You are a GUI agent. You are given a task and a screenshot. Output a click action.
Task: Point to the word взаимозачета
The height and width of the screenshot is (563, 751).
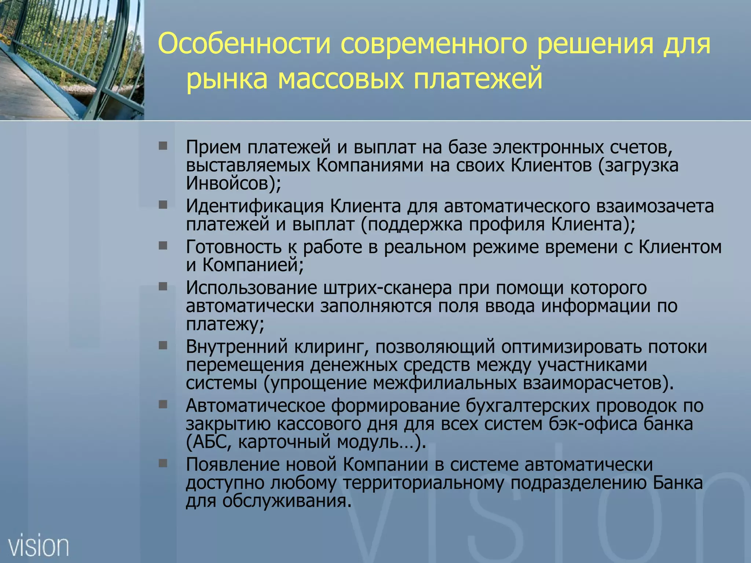pyautogui.click(x=655, y=206)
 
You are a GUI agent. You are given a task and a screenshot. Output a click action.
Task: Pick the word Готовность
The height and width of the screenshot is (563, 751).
pyautogui.click(x=234, y=247)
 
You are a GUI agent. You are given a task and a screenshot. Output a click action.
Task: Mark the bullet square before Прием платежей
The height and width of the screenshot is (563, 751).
pyautogui.click(x=163, y=146)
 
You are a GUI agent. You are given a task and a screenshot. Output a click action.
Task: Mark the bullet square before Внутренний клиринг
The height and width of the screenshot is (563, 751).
pyautogui.click(x=163, y=345)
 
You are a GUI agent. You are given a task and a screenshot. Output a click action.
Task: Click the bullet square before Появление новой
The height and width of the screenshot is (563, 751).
pyautogui.click(x=163, y=463)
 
